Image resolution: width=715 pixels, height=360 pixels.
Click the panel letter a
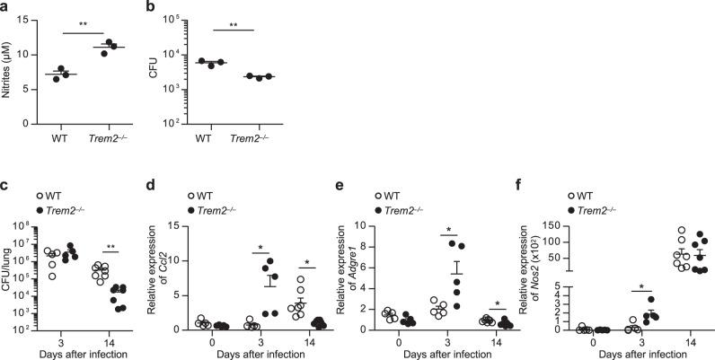[6, 7]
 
